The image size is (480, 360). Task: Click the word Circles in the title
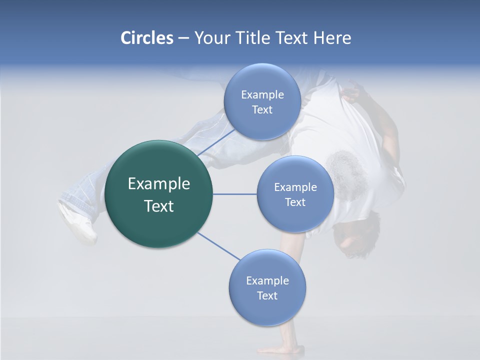pos(146,38)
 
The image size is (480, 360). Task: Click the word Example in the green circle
pos(159,184)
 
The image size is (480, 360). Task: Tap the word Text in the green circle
pos(159,206)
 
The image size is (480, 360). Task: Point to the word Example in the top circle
pos(262,95)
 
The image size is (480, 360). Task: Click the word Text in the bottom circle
pos(267,296)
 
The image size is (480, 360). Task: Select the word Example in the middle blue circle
pos(295,187)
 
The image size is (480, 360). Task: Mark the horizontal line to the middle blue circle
pos(235,194)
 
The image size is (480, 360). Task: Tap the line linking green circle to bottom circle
pos(218,246)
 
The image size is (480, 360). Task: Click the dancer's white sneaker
pos(77,222)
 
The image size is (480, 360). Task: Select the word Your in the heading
pos(210,38)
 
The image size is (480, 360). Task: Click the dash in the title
pos(183,38)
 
